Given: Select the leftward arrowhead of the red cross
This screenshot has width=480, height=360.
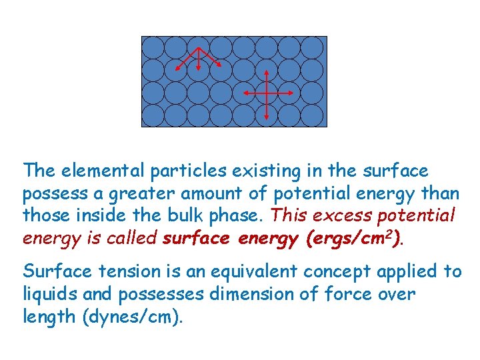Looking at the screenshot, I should coord(244,94).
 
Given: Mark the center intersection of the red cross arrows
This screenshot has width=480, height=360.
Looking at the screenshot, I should coord(267,94).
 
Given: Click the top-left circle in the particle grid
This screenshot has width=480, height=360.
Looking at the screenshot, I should coord(153,47).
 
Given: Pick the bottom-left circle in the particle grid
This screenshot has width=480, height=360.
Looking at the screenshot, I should coord(153,115).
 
